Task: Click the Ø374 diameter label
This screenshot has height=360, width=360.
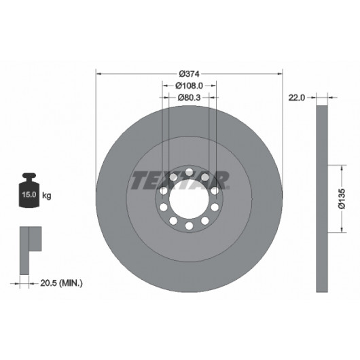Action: coord(190,74)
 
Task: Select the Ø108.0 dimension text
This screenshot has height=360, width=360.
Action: coord(190,86)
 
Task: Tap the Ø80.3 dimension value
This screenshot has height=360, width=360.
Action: coord(190,98)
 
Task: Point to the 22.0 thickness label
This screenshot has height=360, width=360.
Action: coord(296,98)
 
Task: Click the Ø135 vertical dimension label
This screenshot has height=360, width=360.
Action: coord(342,198)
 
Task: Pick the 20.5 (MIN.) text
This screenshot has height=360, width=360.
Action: coord(61,283)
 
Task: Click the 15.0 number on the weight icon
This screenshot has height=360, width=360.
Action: coord(29,195)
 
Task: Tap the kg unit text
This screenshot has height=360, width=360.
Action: coord(47,196)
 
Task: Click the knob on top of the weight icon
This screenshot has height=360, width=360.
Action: coord(29,177)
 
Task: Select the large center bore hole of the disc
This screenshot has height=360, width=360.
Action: coord(189,199)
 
